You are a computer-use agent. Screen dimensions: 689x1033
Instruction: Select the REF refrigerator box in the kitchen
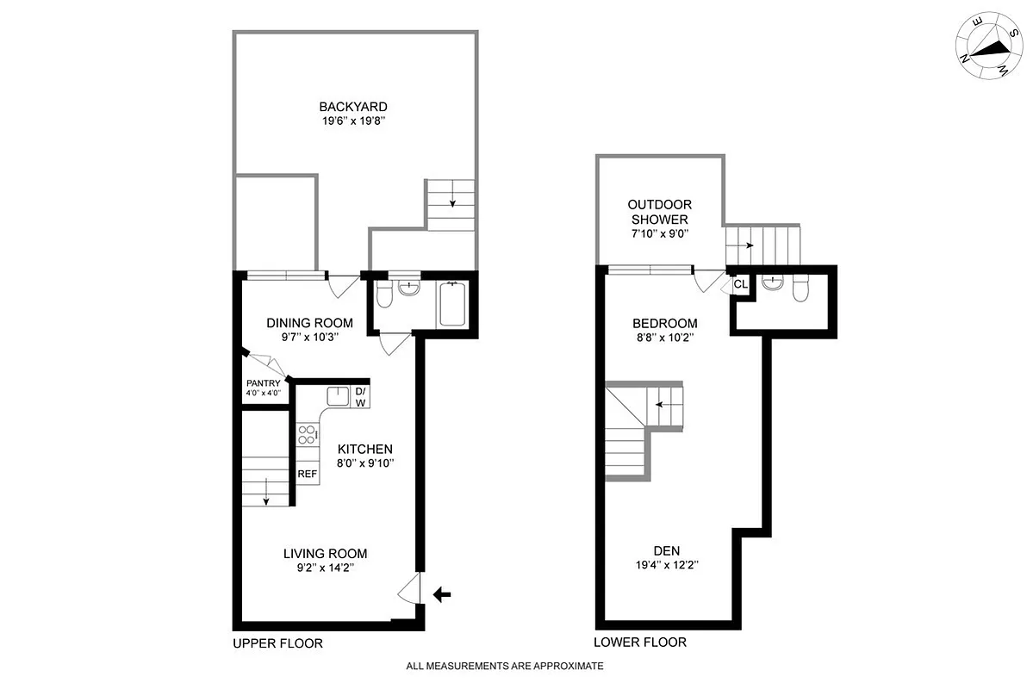pos(308,474)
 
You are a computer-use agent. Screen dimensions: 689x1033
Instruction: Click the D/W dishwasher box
pos(361,397)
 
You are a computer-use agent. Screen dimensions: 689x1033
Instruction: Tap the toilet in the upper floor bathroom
pos(385,296)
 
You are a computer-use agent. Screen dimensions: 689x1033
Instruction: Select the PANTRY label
pos(263,383)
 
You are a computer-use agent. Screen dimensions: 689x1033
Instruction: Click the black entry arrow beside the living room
pos(442,593)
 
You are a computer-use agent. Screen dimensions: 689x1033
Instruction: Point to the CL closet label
pos(741,284)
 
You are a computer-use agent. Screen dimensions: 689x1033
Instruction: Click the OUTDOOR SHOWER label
pos(659,212)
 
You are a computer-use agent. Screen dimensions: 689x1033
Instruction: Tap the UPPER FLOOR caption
pos(277,643)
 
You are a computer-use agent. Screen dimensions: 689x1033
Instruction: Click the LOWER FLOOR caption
pos(640,642)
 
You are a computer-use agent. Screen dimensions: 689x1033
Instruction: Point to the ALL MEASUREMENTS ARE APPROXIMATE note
pos(505,666)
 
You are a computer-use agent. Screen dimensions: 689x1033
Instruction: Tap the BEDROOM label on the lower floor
pos(664,324)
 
